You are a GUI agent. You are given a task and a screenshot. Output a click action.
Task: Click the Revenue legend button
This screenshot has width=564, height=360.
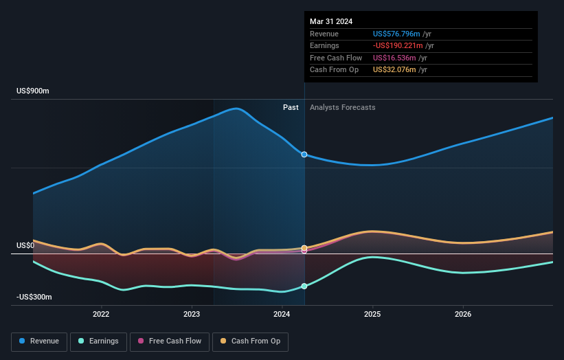(x=39, y=341)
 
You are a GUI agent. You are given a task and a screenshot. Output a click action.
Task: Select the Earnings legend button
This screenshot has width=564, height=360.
(x=99, y=341)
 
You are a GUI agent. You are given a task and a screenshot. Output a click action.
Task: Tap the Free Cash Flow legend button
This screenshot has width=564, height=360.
(x=169, y=341)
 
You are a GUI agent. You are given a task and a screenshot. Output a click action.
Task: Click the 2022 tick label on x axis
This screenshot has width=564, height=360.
(x=101, y=315)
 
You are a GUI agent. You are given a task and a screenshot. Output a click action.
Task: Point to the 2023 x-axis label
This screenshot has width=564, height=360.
(x=192, y=315)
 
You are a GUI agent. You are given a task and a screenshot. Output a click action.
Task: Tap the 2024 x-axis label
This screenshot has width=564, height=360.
(x=282, y=315)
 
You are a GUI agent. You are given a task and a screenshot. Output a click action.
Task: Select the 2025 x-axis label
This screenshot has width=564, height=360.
(x=372, y=315)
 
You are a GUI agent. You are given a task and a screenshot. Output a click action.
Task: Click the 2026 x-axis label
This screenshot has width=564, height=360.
(x=463, y=315)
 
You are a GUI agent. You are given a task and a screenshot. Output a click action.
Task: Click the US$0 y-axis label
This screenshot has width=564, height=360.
(x=25, y=245)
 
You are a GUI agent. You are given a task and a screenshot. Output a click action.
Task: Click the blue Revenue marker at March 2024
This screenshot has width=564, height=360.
(x=304, y=155)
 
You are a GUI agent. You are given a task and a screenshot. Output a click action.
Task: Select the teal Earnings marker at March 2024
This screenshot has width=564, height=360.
(x=304, y=286)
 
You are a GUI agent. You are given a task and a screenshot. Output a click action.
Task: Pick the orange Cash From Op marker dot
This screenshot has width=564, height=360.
(x=304, y=247)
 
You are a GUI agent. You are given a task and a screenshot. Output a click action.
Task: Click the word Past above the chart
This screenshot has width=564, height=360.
(x=291, y=107)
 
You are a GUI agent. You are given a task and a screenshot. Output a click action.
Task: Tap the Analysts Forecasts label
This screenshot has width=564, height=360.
(x=343, y=107)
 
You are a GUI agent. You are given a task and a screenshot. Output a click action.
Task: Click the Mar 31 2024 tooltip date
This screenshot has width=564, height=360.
(x=331, y=21)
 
